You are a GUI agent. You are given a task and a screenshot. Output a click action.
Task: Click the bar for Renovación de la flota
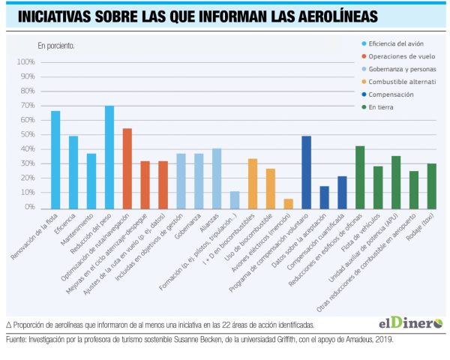tap(55, 159)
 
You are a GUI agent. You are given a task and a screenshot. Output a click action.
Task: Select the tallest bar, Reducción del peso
tap(109, 156)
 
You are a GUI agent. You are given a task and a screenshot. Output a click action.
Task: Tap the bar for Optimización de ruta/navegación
tap(127, 168)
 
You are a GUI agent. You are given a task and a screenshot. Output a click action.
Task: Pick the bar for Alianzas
tap(217, 178)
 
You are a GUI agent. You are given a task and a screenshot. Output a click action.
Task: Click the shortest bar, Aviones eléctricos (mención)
tap(289, 202)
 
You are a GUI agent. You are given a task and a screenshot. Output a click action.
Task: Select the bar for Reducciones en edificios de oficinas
tap(360, 176)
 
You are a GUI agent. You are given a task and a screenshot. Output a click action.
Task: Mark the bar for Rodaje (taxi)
tap(431, 185)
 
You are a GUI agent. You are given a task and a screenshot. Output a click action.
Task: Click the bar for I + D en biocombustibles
tap(253, 182)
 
